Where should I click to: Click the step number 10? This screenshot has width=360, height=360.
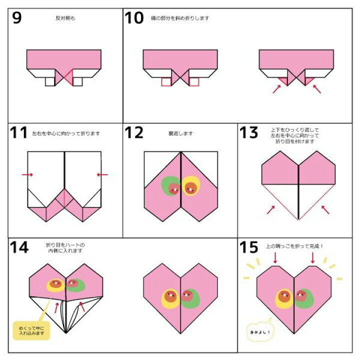134,18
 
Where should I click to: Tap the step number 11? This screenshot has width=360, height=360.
19,133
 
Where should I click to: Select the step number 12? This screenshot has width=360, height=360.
134,133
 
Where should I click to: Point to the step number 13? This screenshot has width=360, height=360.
249,133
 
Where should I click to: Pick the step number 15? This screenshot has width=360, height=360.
249,247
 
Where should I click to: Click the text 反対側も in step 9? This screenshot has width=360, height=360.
64,18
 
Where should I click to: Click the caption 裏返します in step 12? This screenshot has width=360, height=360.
180,133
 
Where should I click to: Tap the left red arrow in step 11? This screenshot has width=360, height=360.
27,174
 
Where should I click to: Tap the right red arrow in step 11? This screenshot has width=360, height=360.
102,174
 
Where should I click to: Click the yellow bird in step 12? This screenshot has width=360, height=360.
190,186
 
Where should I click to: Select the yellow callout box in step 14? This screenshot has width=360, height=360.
31,330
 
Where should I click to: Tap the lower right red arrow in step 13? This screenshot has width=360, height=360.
325,209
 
